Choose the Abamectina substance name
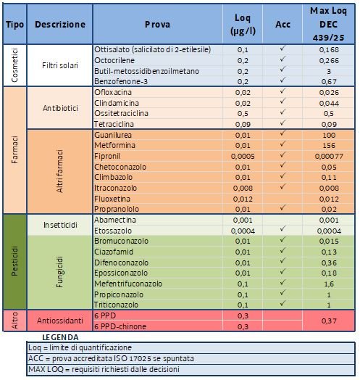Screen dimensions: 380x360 [x=115, y=220]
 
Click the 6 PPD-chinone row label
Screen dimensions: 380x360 [x=121, y=326]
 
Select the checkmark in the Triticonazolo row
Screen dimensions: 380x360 [x=283, y=305]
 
